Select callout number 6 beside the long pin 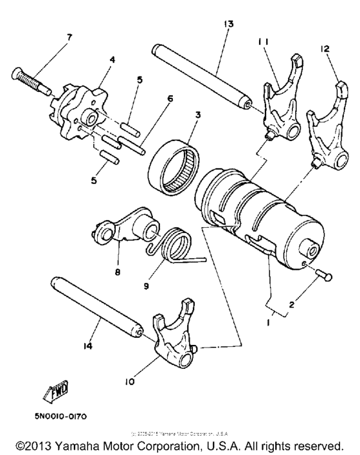pyautogui.click(x=170, y=98)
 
